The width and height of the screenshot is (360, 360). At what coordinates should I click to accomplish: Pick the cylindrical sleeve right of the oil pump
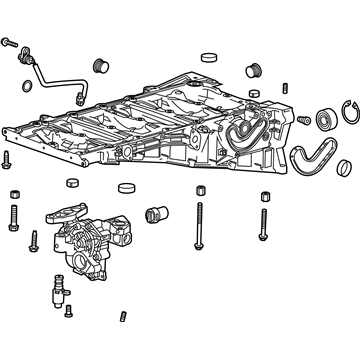(x=156, y=212)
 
